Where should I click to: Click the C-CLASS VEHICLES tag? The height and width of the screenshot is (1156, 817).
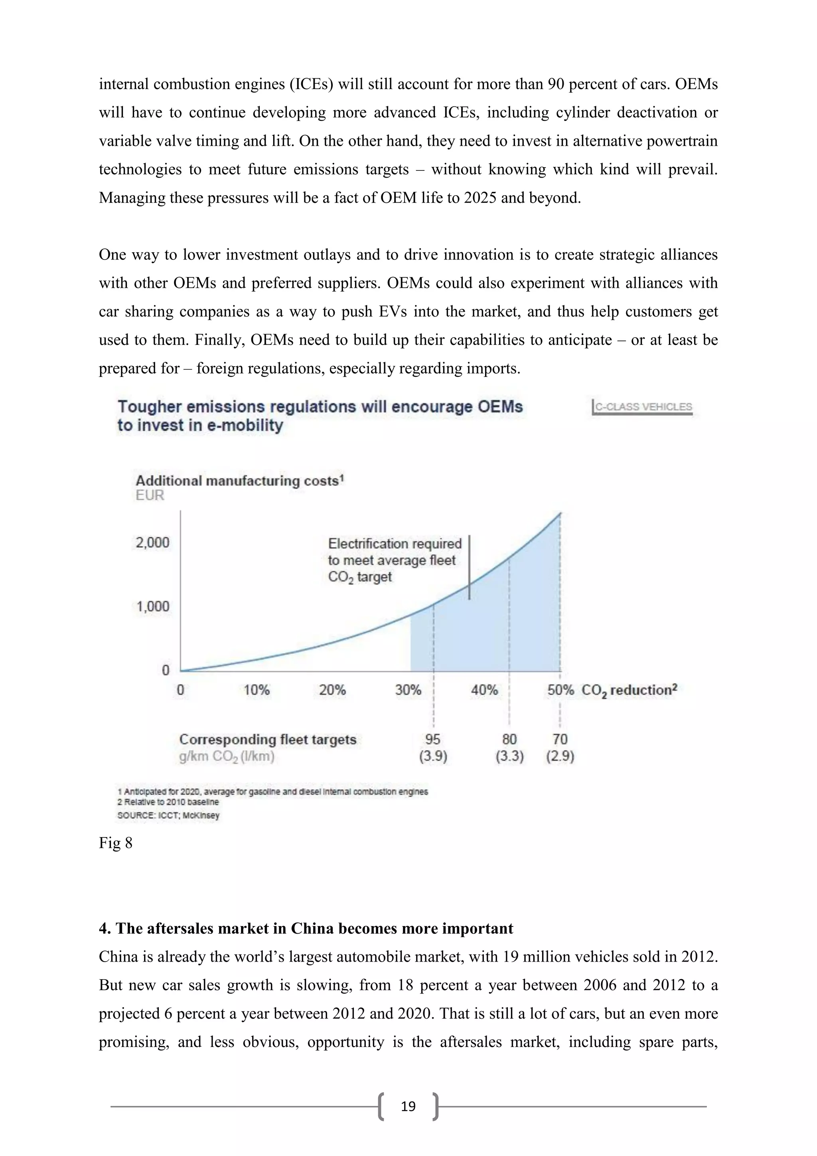click(643, 407)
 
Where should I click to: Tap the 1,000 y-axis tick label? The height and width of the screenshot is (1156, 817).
click(152, 606)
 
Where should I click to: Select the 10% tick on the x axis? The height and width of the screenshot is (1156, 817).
click(257, 690)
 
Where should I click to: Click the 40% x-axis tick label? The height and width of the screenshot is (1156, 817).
click(484, 690)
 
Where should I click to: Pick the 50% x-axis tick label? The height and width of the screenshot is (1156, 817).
click(560, 690)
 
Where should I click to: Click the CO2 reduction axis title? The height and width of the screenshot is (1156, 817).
click(629, 690)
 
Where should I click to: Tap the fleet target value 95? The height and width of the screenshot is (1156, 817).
click(433, 739)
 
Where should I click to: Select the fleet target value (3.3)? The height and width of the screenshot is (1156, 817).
click(509, 756)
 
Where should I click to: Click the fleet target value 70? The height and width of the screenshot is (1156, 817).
click(560, 739)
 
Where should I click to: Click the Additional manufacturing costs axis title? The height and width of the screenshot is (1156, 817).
click(239, 481)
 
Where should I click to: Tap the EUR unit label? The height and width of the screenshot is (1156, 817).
click(150, 495)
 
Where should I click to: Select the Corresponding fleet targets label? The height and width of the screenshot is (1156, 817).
click(268, 739)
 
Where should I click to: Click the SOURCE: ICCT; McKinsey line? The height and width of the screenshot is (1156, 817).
click(168, 815)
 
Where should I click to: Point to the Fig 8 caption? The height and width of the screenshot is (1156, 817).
click(116, 843)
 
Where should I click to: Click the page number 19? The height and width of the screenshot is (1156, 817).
click(408, 1106)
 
